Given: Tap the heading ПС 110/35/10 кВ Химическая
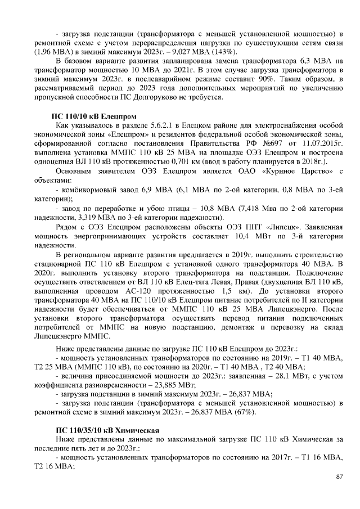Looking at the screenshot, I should point(106,429).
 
